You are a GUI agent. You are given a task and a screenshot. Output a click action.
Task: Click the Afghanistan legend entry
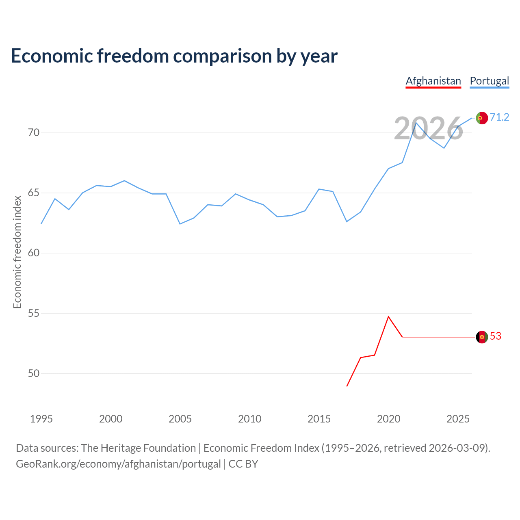433,81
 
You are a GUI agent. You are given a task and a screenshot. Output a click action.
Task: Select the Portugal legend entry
490,81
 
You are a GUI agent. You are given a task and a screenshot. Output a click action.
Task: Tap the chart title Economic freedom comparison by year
174,56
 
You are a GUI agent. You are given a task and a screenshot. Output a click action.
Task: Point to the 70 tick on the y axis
34,133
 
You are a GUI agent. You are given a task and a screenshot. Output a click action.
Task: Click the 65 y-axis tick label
34,193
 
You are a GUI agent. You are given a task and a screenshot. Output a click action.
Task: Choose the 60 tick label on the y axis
34,253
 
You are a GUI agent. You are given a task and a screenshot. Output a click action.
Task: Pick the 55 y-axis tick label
34,313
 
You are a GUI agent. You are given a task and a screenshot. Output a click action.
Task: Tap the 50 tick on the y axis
34,373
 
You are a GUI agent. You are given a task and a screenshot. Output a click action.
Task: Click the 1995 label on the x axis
41,419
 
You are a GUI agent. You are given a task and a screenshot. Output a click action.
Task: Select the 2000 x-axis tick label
111,419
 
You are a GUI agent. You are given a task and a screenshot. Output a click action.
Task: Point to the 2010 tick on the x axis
250,419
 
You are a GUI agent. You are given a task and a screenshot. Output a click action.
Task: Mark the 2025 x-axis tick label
458,419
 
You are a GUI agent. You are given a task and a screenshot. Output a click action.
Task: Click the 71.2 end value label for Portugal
499,117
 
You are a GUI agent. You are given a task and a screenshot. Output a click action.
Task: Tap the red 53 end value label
496,336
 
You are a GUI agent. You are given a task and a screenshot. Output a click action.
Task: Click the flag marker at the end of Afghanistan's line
482,337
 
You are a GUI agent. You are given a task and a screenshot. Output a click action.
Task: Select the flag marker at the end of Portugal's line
482,118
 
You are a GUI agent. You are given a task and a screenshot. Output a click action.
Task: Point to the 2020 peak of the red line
388,316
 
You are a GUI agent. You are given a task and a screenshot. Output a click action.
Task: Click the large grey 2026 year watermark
429,129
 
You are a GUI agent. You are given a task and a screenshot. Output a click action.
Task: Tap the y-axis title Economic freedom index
17,252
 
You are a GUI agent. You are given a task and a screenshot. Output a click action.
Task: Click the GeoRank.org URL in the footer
118,464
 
